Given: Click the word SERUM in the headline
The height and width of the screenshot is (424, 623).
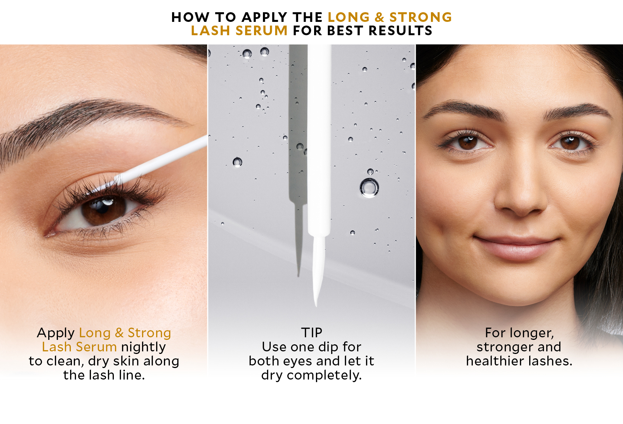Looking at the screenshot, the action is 261,30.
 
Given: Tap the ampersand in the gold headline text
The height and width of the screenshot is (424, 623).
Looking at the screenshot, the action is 379,17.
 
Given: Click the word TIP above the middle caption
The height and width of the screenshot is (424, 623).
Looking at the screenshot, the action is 311,332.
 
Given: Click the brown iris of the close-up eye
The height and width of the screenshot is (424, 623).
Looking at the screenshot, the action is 103,210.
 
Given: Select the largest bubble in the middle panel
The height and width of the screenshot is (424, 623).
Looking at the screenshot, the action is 369,188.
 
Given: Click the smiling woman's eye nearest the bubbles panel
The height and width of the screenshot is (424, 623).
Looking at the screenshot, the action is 467,142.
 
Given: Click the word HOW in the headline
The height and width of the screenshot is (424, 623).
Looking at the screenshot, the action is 190,17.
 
